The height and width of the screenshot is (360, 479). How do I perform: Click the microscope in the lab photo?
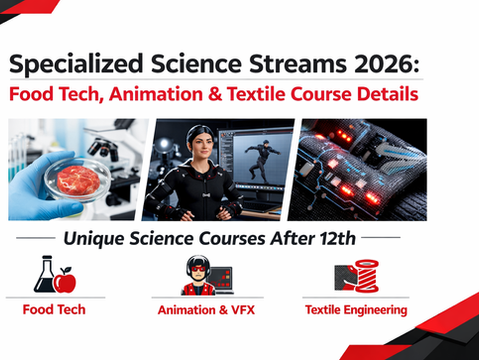(x=119, y=150)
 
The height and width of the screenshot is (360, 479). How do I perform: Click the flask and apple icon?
(x=55, y=274)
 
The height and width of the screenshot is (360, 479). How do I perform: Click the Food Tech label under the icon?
(x=54, y=310)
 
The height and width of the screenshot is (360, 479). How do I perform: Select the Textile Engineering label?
(x=356, y=310)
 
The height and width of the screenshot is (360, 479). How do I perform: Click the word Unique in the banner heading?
(x=94, y=239)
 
